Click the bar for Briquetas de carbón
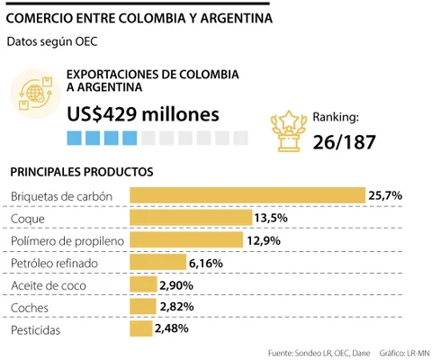point(247,195)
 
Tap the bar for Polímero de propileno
point(186,240)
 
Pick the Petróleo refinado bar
point(157,263)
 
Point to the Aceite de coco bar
point(143,285)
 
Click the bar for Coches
point(143,308)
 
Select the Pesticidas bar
point(141,330)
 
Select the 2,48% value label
point(172,330)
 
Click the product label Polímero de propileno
point(67,240)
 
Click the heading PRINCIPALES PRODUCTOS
point(81,171)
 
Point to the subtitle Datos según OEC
point(51,40)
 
